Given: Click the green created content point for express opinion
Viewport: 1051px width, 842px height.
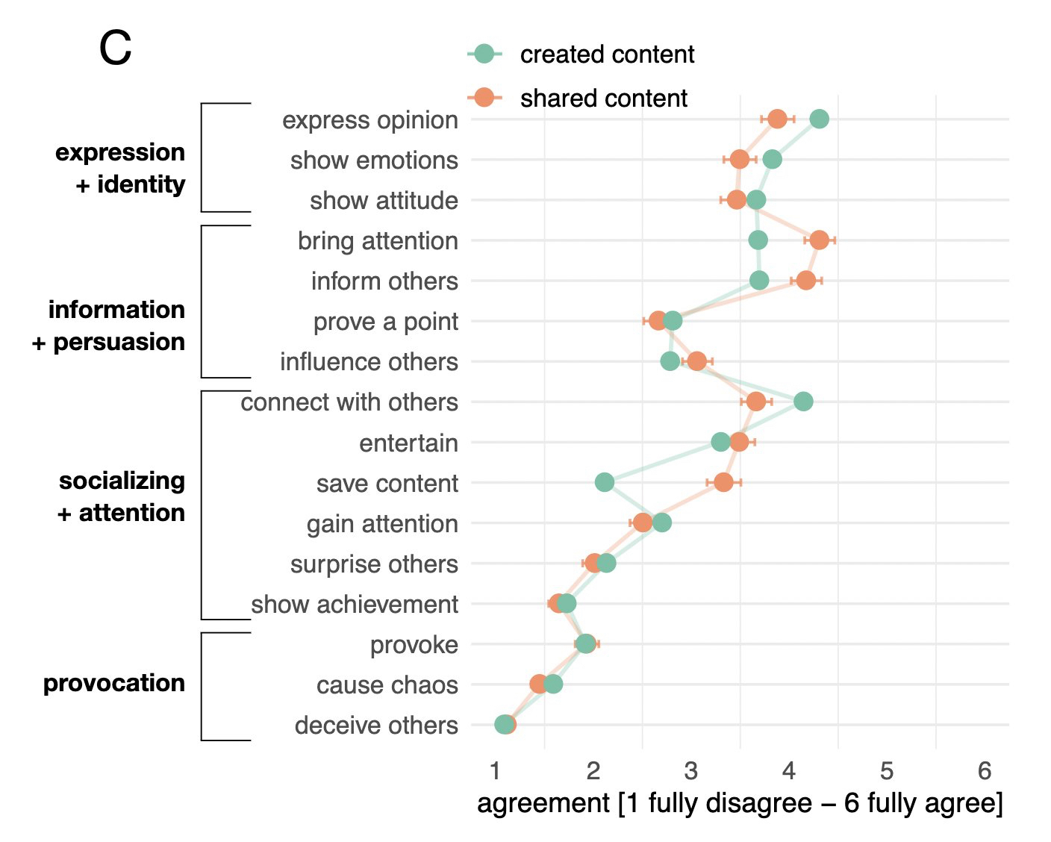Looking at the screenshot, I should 819,119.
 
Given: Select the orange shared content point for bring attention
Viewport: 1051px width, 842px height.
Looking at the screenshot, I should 819,240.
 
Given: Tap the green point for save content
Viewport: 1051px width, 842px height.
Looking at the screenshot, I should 605,482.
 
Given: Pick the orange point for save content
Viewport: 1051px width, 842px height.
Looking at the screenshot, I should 723,482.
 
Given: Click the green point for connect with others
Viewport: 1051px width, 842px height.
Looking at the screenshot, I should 803,402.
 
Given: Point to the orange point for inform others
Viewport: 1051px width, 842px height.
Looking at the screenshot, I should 805,281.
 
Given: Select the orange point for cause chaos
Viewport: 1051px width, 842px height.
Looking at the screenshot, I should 539,684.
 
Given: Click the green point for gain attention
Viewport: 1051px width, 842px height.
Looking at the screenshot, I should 662,523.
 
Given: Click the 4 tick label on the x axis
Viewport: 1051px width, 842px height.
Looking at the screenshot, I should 789,770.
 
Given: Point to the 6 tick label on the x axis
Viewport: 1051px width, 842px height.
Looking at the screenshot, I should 985,770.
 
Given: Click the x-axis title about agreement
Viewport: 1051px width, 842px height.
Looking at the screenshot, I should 740,804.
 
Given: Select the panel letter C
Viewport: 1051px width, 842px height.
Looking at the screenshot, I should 115,49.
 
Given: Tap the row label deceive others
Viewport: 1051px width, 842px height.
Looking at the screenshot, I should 376,726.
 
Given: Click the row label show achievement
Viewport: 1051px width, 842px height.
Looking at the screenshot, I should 355,605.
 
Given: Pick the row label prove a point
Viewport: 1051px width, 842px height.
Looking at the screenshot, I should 385,322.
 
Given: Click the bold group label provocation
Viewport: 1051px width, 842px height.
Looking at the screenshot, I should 114,683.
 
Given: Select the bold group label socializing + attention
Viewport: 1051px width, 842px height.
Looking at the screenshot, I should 122,496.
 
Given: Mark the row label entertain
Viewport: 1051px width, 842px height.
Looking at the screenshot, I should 408,443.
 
